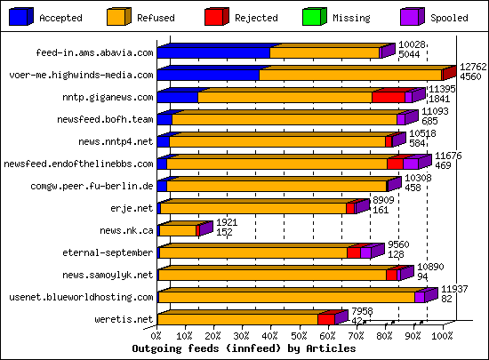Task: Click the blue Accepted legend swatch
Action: pyautogui.click(x=21, y=15)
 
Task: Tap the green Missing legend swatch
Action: pyautogui.click(x=313, y=15)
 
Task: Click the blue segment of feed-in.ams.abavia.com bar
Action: pyautogui.click(x=213, y=53)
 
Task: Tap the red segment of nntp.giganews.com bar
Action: pyautogui.click(x=388, y=97)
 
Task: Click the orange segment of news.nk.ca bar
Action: pyautogui.click(x=177, y=230)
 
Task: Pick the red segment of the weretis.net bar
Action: pyautogui.click(x=325, y=319)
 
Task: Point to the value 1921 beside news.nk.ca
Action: pyautogui.click(x=228, y=221)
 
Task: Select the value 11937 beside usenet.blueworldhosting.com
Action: pyautogui.click(x=454, y=289)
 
